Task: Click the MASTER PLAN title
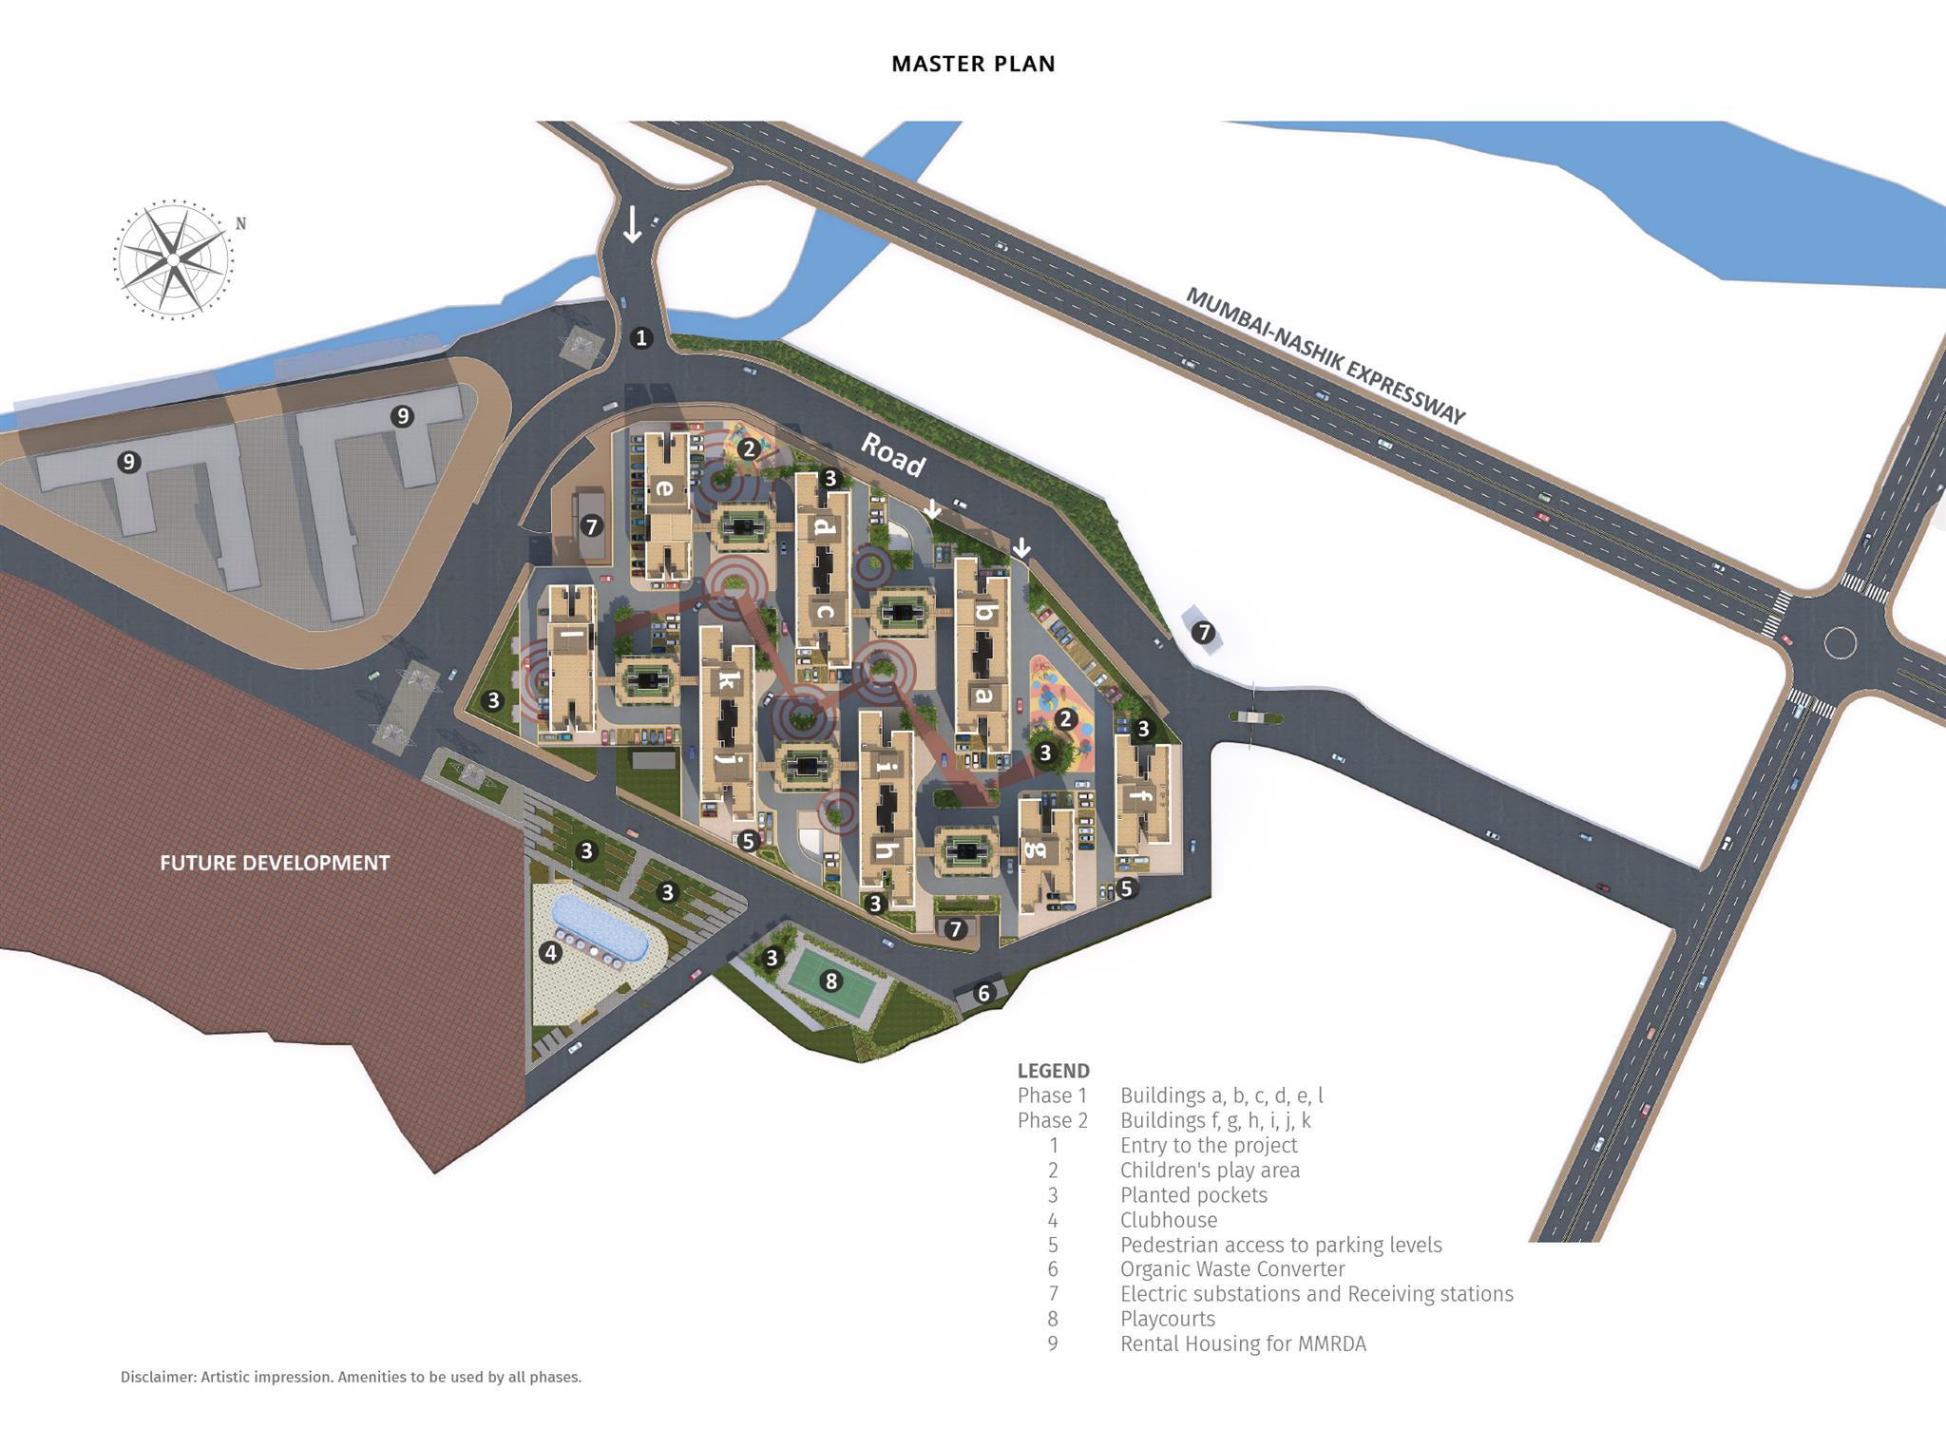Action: [x=973, y=64]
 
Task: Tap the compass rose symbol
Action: [x=174, y=258]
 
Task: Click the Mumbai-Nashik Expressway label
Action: [x=1326, y=355]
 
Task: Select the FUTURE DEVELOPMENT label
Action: [x=275, y=863]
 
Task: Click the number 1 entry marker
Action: [x=641, y=338]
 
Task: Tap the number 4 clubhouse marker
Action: [x=550, y=952]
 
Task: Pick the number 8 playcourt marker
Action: [x=831, y=981]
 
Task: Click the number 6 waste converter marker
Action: [x=983, y=993]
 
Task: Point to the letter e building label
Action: [x=665, y=489]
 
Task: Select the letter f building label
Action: [x=1142, y=796]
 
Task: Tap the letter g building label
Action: [x=1035, y=848]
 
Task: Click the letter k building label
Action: [x=727, y=679]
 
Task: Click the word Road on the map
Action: [x=893, y=455]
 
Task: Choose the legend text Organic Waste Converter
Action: [x=1232, y=1269]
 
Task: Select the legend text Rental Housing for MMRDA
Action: [x=1243, y=1343]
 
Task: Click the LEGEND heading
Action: [x=1053, y=1071]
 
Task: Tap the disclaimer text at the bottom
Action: [x=351, y=1377]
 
